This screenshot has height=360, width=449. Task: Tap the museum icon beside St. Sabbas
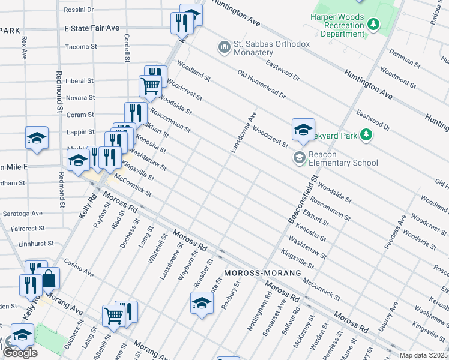225,47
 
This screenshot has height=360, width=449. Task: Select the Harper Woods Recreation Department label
337,25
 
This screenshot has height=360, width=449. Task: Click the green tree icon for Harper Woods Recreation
374,24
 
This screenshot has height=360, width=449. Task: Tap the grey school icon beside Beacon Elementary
298,158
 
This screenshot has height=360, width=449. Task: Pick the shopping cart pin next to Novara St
150,86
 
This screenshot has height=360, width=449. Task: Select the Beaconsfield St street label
303,200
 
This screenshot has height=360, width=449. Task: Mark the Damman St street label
405,58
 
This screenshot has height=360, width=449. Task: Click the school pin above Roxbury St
202,303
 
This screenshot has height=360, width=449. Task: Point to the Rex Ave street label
24,47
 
